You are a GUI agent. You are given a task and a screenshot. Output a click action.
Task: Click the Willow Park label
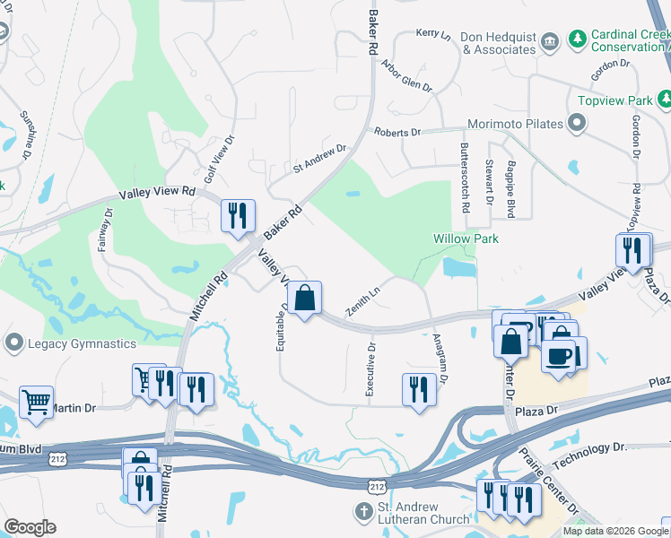pos(466,239)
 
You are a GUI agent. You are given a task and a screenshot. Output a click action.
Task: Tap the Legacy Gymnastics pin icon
pos(13,343)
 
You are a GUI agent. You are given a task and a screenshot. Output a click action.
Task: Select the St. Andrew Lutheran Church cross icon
pos(363,512)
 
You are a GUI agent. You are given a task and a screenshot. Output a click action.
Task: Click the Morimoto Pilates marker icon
pos(575,124)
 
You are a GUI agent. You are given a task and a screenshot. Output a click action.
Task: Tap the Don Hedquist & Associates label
pos(498,44)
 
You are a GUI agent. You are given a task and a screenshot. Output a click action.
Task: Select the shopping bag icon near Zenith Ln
pos(305,297)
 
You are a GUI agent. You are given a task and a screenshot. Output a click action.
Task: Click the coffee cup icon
pos(557,356)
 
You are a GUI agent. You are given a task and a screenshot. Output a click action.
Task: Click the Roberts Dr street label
pos(397,133)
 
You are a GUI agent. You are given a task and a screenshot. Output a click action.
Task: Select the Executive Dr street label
pos(370,369)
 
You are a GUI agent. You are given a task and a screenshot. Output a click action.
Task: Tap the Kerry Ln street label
pos(433,33)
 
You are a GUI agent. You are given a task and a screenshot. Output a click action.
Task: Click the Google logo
pos(30,527)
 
